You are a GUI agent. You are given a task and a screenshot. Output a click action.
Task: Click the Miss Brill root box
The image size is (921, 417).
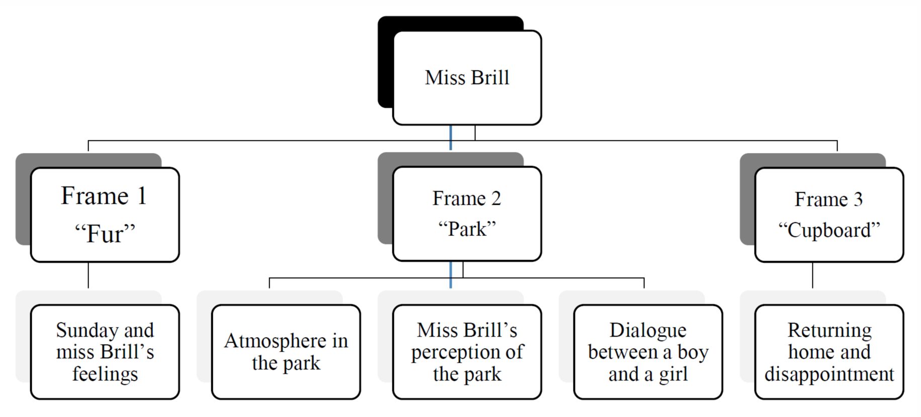(x=467, y=78)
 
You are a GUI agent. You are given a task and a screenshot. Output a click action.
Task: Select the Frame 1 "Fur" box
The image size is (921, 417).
(x=105, y=215)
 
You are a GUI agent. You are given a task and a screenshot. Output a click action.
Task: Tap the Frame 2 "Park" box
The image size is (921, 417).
(x=467, y=214)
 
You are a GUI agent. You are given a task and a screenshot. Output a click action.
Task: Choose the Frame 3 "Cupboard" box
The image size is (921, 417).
(x=829, y=215)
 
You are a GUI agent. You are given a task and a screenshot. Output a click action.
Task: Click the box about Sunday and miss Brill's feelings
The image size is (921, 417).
(x=105, y=352)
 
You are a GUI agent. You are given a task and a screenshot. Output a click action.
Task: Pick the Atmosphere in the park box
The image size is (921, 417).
(x=286, y=352)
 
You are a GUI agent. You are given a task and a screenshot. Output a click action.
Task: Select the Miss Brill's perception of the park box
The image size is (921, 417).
(x=467, y=352)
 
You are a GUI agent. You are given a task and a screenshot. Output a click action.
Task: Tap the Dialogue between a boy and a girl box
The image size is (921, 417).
(x=648, y=352)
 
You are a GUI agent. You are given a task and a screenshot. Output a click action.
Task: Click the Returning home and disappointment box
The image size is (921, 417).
(x=829, y=352)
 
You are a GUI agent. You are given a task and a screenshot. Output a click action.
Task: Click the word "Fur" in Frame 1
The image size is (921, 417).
(x=105, y=234)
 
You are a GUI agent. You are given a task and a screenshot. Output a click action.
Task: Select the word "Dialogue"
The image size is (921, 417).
(x=648, y=330)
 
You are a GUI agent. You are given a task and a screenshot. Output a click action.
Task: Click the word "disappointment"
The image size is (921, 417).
(x=829, y=374)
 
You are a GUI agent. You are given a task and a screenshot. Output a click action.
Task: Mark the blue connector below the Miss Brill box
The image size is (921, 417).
(x=451, y=137)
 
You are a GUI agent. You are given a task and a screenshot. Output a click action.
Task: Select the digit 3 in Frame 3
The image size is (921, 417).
(x=858, y=199)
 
